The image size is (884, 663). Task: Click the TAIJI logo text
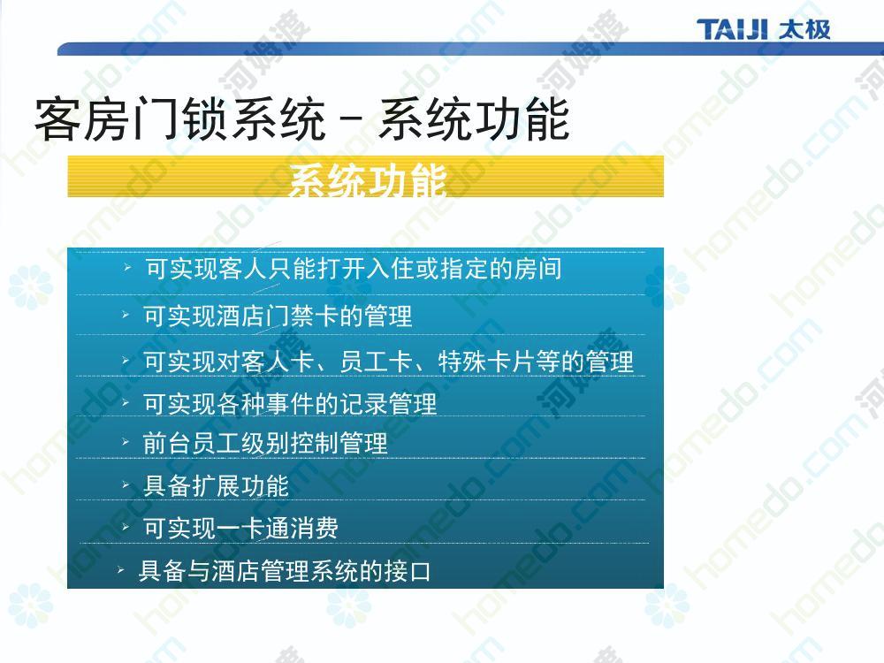(732, 29)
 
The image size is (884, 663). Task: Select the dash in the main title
(352, 119)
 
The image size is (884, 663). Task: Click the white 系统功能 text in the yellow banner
(368, 179)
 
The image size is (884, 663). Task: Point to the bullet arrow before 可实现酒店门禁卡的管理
(126, 315)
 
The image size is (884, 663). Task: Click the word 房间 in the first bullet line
(537, 269)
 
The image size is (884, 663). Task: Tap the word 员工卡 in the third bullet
(376, 362)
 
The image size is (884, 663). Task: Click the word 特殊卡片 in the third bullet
(487, 362)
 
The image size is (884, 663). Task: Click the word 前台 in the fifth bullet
(167, 443)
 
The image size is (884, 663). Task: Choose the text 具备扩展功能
(217, 485)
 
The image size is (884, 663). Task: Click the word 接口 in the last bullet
(407, 570)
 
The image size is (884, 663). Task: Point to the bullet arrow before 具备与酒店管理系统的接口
(120, 570)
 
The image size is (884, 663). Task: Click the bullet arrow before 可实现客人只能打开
(128, 267)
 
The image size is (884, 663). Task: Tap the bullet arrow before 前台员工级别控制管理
(126, 442)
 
